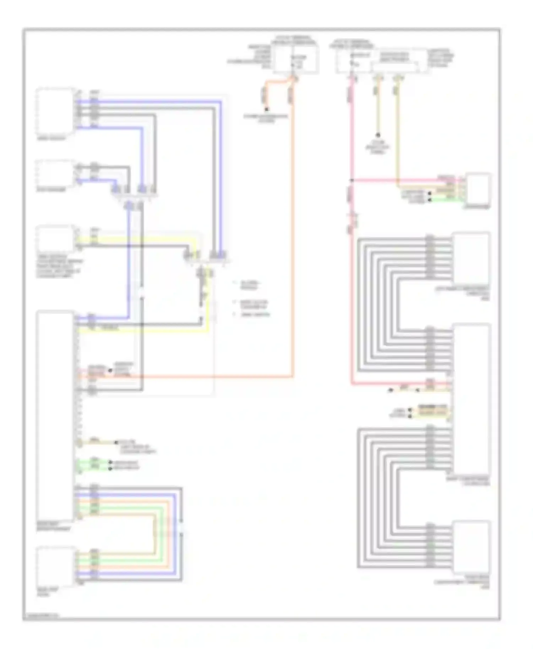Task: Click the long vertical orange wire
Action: pyautogui.click(x=293, y=231)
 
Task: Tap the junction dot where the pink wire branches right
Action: pyautogui.click(x=351, y=180)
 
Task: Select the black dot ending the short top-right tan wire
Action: pyautogui.click(x=378, y=135)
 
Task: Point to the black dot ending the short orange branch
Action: pyautogui.click(x=266, y=109)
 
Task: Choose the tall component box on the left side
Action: pyautogui.click(x=55, y=415)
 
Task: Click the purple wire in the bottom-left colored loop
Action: pyautogui.click(x=174, y=533)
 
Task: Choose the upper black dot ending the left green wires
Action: pyautogui.click(x=111, y=463)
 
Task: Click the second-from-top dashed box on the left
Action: pyautogui.click(x=55, y=173)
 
